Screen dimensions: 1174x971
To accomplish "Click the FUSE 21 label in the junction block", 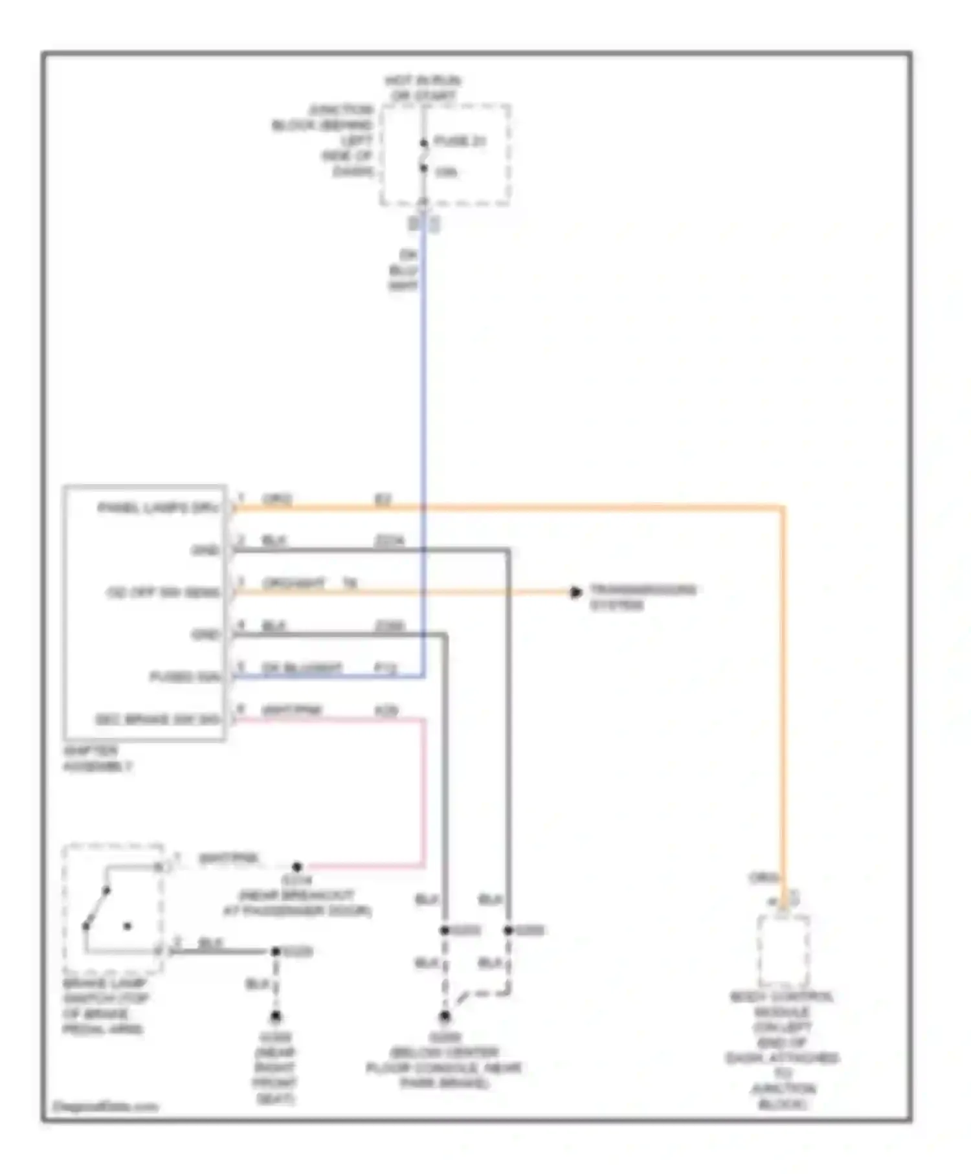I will pos(460,141).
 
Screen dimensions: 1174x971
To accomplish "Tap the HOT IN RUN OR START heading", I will pos(423,88).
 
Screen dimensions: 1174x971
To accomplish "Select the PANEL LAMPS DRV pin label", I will pos(159,507).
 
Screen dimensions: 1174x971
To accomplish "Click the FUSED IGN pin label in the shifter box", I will pos(185,676).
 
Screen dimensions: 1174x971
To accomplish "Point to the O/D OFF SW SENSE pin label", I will pos(163,592).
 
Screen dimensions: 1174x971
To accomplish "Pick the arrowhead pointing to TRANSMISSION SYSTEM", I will pos(575,592).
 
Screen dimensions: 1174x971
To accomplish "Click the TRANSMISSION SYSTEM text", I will pos(642,597).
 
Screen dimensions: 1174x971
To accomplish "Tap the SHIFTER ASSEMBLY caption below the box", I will pos(97,759).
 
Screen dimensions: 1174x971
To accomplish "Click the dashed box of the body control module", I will pos(783,950).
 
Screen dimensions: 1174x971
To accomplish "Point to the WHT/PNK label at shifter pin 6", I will pos(291,710).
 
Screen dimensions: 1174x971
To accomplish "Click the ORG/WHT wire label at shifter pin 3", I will pos(293,584).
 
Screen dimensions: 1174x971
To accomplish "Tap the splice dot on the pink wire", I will pos(296,866).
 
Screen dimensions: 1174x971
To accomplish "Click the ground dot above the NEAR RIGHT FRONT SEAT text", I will pos(276,1016).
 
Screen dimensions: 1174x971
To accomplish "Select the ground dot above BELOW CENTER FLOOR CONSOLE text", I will pos(445,1017).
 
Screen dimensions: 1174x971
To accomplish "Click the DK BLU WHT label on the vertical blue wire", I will pos(403,270).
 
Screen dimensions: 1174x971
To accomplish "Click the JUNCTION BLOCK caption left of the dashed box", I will pos(324,140).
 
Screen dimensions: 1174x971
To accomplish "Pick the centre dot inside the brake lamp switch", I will pos(128,926).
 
